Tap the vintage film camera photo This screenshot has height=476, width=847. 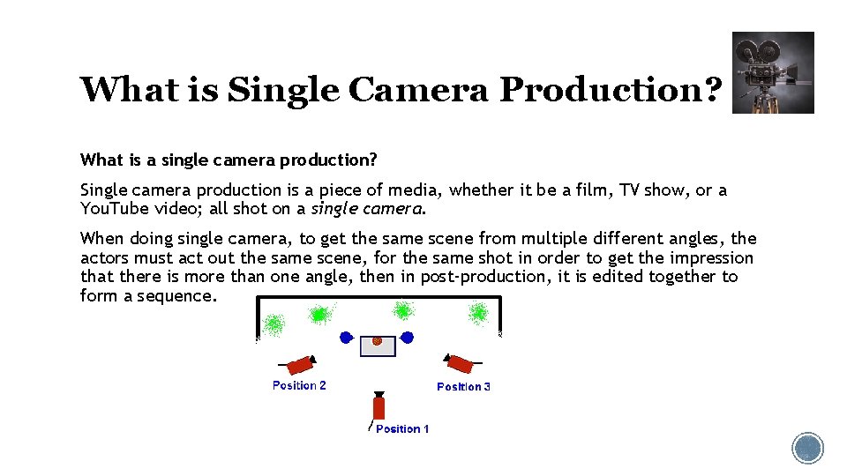point(773,73)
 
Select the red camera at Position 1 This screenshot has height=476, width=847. point(379,405)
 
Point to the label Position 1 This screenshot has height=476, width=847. point(402,428)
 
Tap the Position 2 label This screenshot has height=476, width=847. point(299,385)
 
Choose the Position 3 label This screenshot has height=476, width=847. point(463,386)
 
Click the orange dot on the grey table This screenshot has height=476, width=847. point(377,340)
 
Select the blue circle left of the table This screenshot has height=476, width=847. point(347,337)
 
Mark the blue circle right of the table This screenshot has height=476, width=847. point(407,337)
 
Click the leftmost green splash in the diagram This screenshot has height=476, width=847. point(274,324)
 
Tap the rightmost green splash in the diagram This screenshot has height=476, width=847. point(479,312)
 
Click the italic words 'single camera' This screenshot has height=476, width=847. point(367,209)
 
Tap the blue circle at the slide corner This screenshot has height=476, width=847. point(807,448)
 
